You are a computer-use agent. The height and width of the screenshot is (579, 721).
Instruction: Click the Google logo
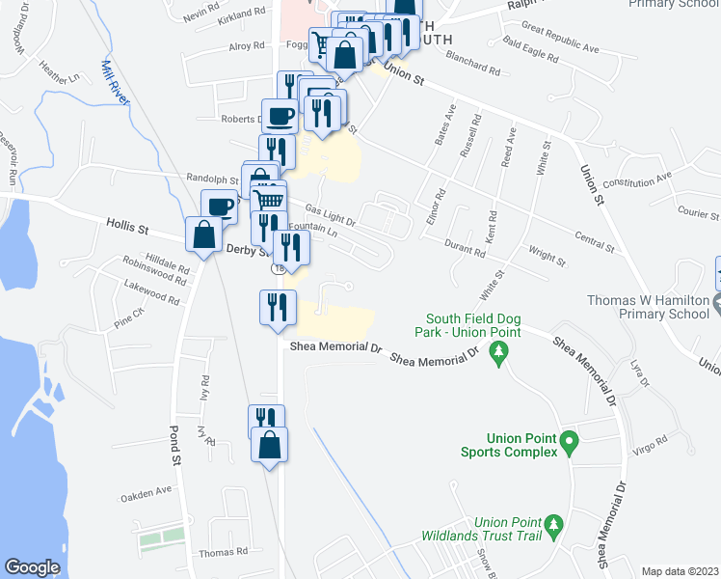click(x=32, y=567)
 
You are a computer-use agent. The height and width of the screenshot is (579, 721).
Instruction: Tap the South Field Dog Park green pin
click(x=498, y=355)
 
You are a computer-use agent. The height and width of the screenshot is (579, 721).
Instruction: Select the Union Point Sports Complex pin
click(x=569, y=443)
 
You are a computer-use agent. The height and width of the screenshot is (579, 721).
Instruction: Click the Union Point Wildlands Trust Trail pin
click(x=553, y=525)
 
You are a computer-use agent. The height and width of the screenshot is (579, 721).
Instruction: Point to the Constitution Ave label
click(x=637, y=180)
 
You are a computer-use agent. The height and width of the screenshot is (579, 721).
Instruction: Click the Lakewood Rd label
click(x=151, y=292)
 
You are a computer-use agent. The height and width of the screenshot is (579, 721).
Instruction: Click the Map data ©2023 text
click(x=681, y=571)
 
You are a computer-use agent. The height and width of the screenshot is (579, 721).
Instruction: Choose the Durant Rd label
click(x=465, y=250)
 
